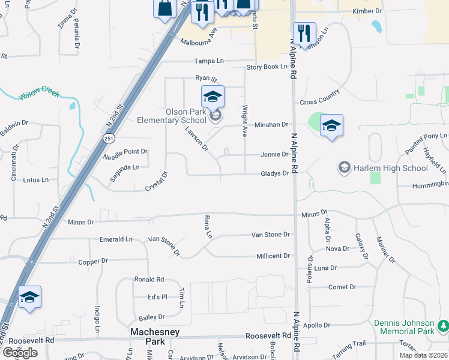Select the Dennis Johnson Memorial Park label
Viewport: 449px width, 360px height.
404,327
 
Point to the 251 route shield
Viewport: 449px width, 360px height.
108,139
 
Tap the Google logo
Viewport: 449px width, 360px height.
19,352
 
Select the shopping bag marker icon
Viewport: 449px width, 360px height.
164,8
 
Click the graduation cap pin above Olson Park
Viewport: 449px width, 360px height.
212,96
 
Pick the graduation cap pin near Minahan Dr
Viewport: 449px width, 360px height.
331,125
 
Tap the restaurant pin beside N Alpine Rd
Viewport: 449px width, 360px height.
304,33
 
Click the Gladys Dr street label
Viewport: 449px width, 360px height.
275,173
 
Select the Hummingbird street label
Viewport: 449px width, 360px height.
430,186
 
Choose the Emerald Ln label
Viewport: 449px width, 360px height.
116,239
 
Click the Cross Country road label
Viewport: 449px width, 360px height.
320,97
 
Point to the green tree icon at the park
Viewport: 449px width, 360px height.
444,326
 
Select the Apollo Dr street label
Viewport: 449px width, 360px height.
334,325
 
